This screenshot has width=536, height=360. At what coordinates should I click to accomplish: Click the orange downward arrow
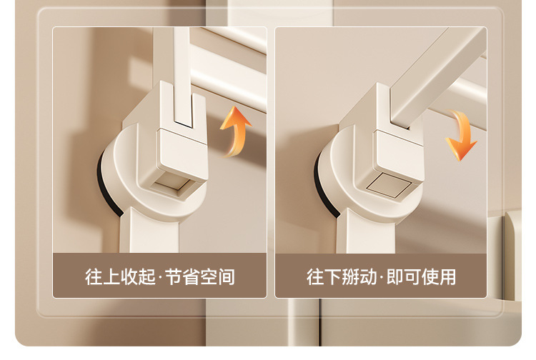[x=462, y=135]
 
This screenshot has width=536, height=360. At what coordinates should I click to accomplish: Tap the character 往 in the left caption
[x=94, y=276]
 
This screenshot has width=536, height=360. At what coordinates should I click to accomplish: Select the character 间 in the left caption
[x=227, y=276]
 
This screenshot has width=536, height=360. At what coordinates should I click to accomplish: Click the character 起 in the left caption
[x=147, y=276]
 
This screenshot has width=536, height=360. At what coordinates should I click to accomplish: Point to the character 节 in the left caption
[x=174, y=276]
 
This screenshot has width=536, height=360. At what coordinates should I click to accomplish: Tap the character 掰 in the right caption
[x=350, y=276]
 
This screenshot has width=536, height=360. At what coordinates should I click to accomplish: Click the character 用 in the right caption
[x=447, y=276]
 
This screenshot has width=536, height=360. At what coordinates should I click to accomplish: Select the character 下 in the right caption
[x=332, y=276]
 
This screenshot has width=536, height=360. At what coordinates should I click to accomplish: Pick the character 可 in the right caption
[x=412, y=276]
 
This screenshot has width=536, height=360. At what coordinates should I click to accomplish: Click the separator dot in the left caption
[x=160, y=277]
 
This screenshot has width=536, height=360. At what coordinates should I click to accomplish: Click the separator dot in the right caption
[x=382, y=277]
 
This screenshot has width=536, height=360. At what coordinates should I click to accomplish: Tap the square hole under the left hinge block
[x=175, y=183]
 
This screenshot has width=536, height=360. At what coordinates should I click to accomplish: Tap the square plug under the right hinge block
[x=389, y=185]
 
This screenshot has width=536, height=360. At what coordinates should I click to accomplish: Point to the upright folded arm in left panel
[x=182, y=75]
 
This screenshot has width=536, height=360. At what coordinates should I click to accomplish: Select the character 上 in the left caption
[x=111, y=276]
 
